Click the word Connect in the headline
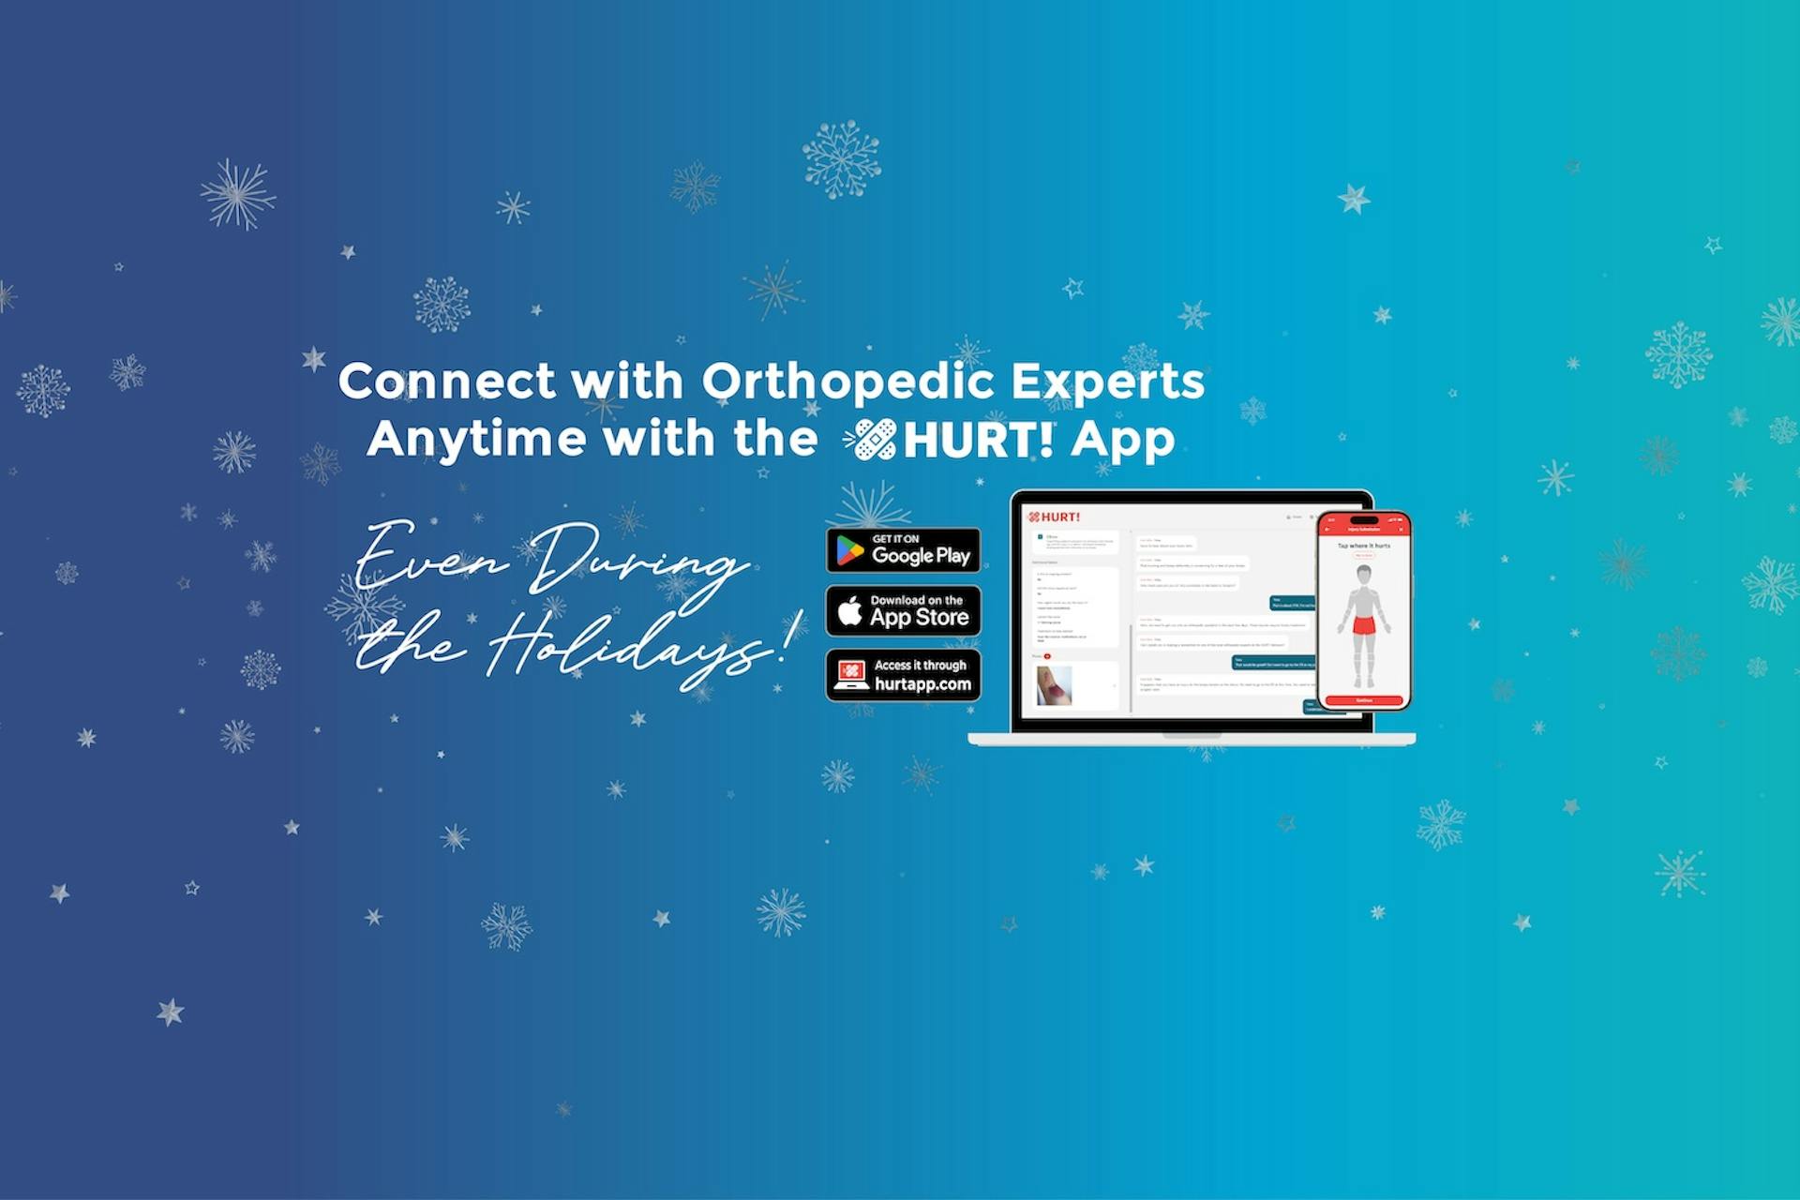tap(446, 381)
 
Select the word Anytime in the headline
tap(475, 440)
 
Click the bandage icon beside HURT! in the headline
tap(871, 440)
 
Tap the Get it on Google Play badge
tap(903, 550)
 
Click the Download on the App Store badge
tap(903, 611)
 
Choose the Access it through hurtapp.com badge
tap(903, 675)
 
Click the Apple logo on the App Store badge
tap(849, 611)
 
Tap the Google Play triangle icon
tap(849, 551)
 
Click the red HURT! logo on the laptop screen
tap(1055, 517)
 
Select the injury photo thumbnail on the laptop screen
tap(1054, 685)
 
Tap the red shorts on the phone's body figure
tap(1364, 624)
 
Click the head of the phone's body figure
tap(1364, 573)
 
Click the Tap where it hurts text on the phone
tap(1364, 545)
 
